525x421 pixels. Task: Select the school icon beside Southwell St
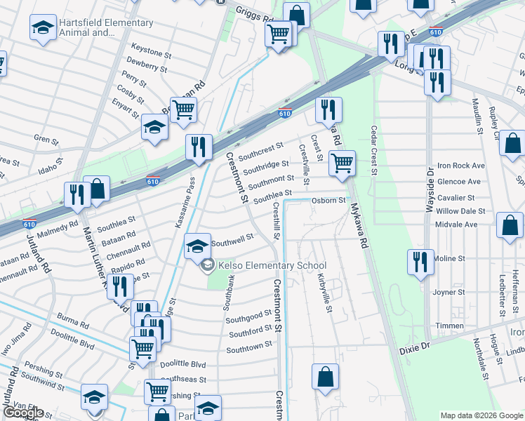[x=197, y=246]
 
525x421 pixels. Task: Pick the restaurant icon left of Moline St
[x=420, y=262]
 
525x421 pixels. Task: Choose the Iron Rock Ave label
[x=460, y=166]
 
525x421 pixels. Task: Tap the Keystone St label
[x=151, y=53]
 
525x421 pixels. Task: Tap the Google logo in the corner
[x=23, y=413]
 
